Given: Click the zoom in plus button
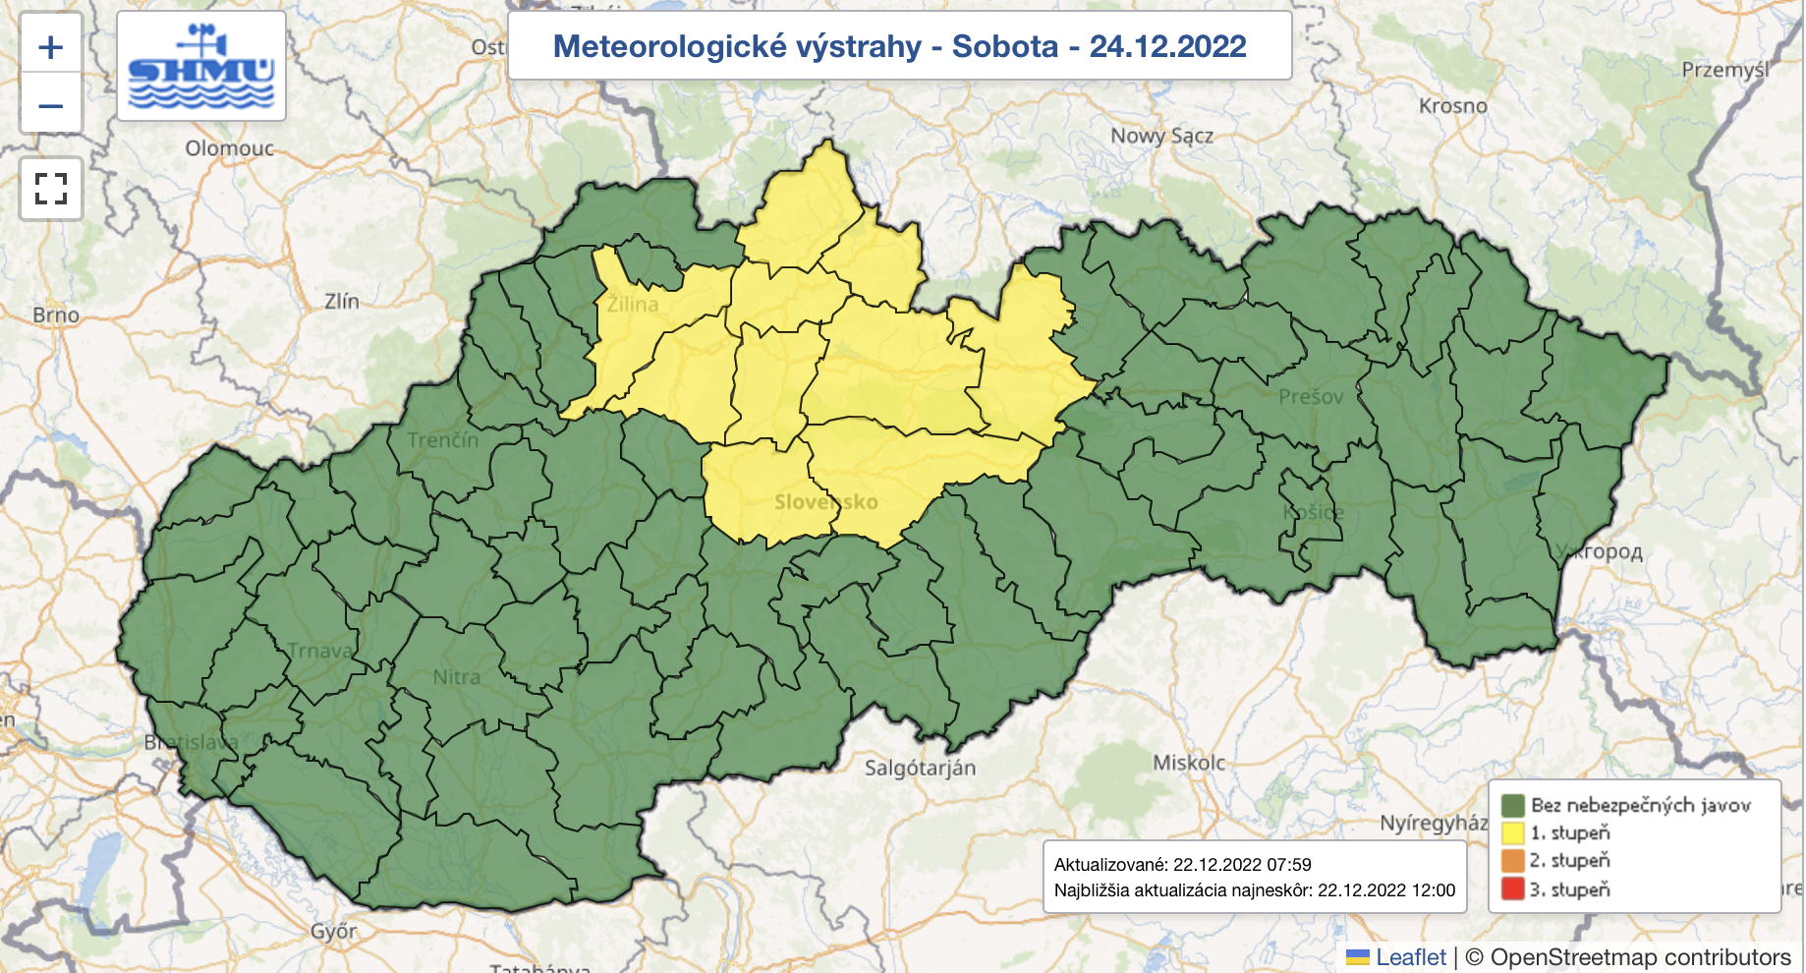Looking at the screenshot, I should (51, 47).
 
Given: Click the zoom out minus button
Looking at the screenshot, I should (51, 105).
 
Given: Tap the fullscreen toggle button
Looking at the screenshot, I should (51, 188).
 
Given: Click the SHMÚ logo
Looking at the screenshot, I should (201, 67).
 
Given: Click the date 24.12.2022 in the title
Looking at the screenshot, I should (1167, 46).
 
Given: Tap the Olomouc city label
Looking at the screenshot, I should (230, 148).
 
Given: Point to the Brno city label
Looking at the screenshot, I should (56, 315).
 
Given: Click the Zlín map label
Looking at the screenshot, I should (342, 302).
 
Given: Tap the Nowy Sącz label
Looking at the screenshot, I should (1161, 137).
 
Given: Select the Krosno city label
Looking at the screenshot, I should (1452, 106).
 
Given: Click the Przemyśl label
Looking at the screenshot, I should (1724, 70).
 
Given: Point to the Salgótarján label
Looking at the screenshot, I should (920, 768).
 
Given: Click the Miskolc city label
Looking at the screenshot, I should (1189, 763).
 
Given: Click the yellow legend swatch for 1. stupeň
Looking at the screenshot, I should (1513, 832).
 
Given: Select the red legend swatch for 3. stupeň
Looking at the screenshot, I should (1513, 889).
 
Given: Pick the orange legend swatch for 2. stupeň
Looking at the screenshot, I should (1513, 861).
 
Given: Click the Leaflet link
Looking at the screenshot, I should (1410, 957).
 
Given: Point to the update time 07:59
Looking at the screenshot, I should (1289, 865).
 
